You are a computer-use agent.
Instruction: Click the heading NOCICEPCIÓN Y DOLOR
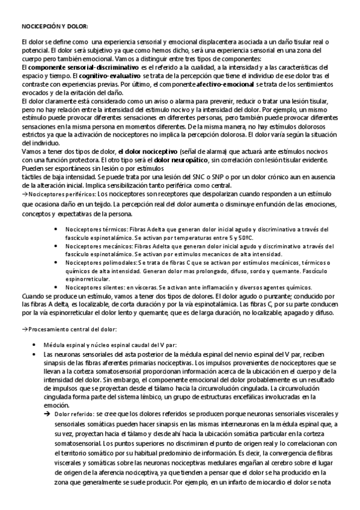pos(55,27)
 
